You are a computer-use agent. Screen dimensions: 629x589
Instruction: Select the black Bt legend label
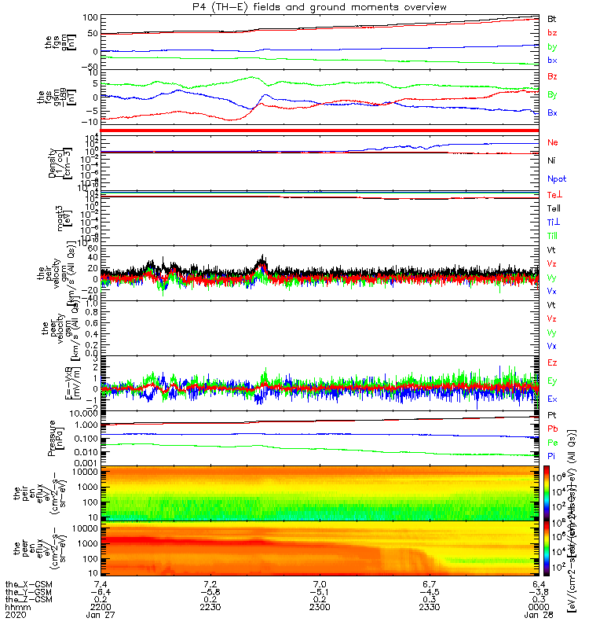point(552,18)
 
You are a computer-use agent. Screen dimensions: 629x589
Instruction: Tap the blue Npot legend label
point(557,178)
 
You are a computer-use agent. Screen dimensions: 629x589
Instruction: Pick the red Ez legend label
point(552,363)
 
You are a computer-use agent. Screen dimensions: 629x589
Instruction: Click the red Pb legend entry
point(552,430)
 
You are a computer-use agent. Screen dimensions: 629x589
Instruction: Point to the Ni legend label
point(552,160)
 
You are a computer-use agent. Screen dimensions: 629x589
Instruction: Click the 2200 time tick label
point(101,608)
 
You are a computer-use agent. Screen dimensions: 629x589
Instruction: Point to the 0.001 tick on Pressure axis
point(85,463)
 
